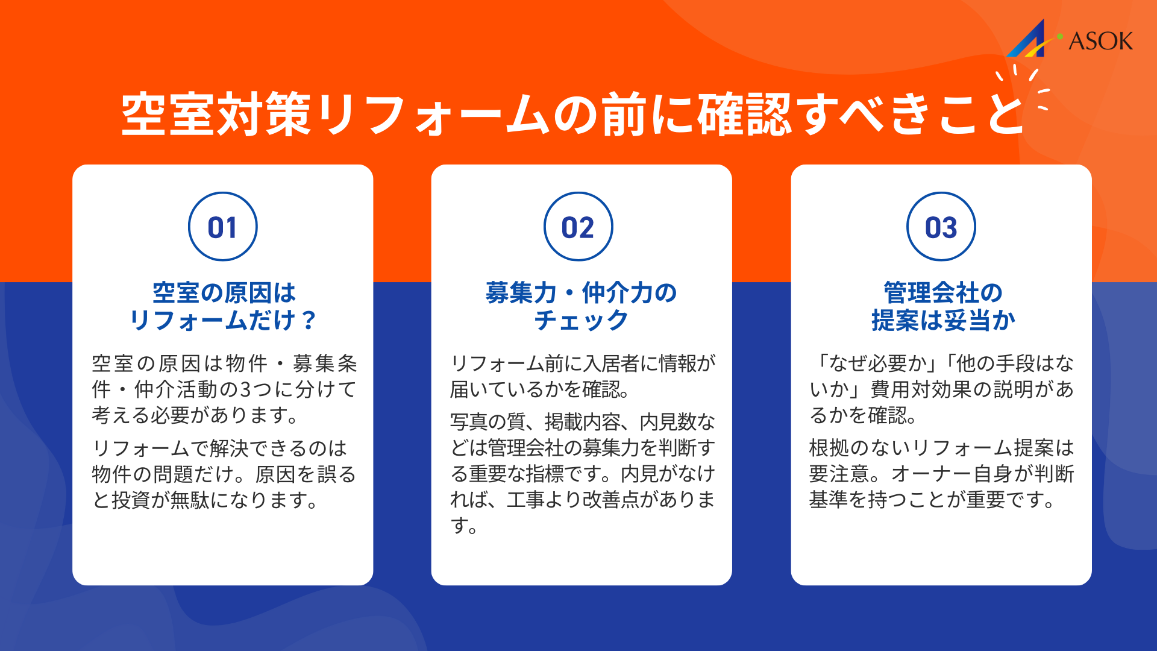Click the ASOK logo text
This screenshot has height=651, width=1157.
1100,42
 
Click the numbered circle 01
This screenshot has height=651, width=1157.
222,227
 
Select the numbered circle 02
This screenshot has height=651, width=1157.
578,227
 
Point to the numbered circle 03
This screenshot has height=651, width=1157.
941,227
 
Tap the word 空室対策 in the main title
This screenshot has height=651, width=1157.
216,115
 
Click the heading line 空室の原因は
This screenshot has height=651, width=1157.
224,293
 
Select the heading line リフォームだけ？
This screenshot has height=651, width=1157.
223,320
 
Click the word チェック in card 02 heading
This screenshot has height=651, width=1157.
581,320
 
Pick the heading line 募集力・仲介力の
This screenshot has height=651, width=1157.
581,293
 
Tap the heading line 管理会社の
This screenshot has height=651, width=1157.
942,293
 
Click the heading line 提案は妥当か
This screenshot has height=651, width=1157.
942,320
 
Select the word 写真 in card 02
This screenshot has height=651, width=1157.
469,422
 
